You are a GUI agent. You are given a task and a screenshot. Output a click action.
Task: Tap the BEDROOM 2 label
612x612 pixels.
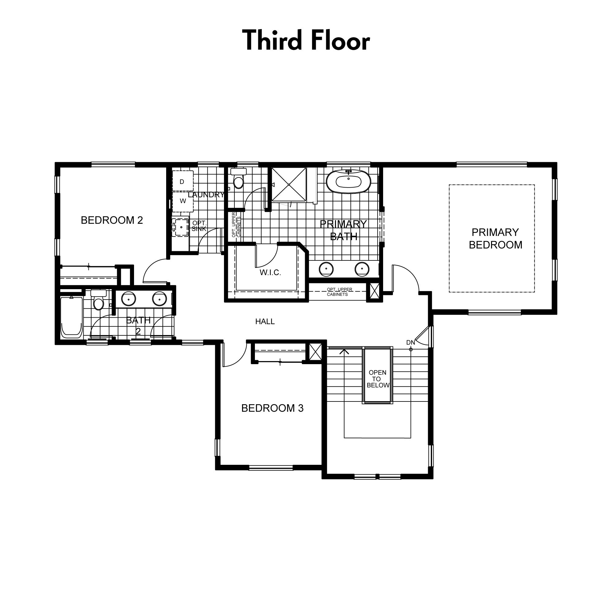[x=112, y=220]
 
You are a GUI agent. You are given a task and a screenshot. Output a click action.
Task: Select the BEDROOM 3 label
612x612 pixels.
[x=272, y=408]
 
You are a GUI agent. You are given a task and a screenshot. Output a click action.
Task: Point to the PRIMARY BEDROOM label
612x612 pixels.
[x=495, y=239]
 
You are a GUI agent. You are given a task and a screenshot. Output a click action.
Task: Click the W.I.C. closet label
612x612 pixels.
[x=270, y=272]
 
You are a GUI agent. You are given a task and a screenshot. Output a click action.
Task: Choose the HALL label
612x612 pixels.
[x=265, y=322]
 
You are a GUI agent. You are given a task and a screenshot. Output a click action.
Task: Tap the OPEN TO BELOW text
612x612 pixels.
[x=378, y=379]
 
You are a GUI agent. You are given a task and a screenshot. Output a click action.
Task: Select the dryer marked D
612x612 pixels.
[x=182, y=181]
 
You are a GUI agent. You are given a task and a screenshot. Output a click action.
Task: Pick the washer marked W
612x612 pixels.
[x=182, y=201]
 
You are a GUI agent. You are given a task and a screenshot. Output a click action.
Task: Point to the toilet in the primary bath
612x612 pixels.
[x=238, y=179]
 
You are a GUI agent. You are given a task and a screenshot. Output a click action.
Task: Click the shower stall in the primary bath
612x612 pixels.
[x=289, y=184]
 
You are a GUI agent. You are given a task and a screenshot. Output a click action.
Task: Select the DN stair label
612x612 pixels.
[x=410, y=342]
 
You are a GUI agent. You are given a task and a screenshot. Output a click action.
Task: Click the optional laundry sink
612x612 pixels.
[x=181, y=227]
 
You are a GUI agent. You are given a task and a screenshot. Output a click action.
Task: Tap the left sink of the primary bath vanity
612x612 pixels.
[x=326, y=269]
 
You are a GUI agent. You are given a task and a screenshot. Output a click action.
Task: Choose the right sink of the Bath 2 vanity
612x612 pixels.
[x=159, y=299]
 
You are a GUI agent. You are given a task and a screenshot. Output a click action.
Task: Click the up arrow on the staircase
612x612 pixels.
[x=344, y=352]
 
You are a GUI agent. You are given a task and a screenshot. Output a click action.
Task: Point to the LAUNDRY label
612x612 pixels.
[x=206, y=195]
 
